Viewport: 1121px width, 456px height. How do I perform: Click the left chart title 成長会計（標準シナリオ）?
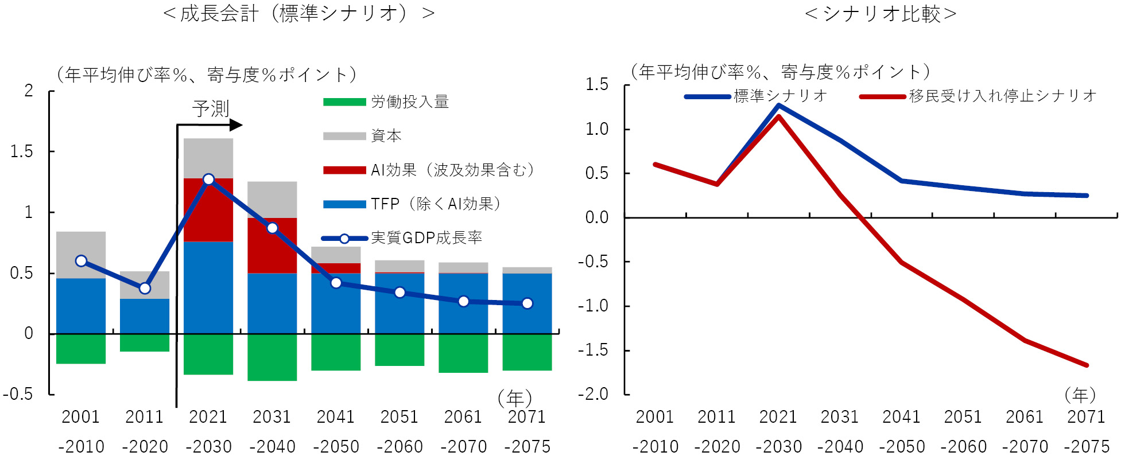[298, 13]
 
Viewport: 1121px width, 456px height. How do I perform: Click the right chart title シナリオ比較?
[881, 13]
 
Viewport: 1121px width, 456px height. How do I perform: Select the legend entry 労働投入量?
[409, 102]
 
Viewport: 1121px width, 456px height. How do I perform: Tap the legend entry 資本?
[386, 136]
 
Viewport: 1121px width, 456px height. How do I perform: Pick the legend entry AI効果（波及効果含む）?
[452, 170]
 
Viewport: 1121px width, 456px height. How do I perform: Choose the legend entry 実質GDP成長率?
[426, 237]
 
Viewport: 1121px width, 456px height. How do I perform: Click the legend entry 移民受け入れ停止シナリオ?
[1002, 96]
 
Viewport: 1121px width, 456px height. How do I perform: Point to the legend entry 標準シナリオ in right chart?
[779, 96]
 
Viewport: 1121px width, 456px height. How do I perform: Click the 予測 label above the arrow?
[211, 108]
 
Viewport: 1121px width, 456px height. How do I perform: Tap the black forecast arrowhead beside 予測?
[236, 124]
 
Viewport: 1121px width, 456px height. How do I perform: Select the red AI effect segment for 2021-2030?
[208, 210]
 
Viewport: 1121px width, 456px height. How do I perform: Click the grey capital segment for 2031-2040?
[272, 200]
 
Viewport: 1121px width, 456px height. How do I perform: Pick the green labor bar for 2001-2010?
[81, 349]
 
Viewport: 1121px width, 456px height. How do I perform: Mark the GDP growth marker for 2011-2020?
[145, 288]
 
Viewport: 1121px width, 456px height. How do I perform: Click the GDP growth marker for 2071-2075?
[527, 303]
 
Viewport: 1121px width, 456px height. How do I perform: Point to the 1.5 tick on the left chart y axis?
[21, 151]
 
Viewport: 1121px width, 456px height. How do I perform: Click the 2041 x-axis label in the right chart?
[901, 417]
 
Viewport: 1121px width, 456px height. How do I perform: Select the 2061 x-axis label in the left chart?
[463, 417]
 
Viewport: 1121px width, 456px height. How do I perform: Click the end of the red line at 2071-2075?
[1087, 365]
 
